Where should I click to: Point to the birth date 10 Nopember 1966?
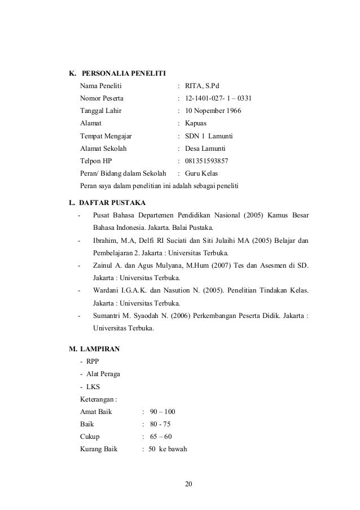213,111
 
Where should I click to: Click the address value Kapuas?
196,123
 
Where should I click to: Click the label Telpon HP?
96,161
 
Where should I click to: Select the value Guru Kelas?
201,173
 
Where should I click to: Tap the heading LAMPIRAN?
99,348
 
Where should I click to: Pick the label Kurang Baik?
99,450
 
